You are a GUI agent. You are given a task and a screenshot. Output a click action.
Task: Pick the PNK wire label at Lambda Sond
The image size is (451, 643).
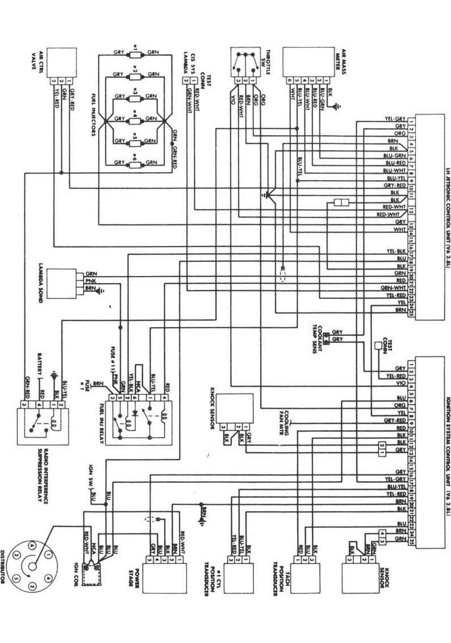click(90, 281)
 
